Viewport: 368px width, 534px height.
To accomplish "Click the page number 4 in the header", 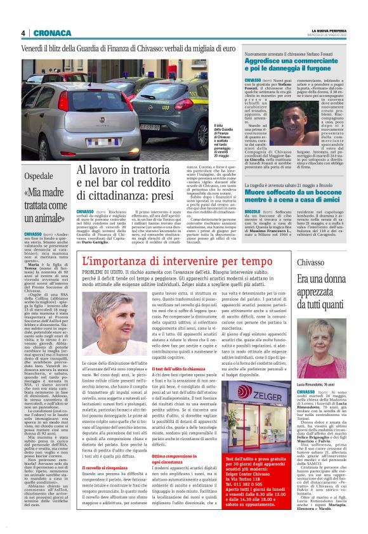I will (22, 33).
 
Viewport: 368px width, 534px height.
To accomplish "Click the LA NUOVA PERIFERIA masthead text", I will (330, 30).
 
